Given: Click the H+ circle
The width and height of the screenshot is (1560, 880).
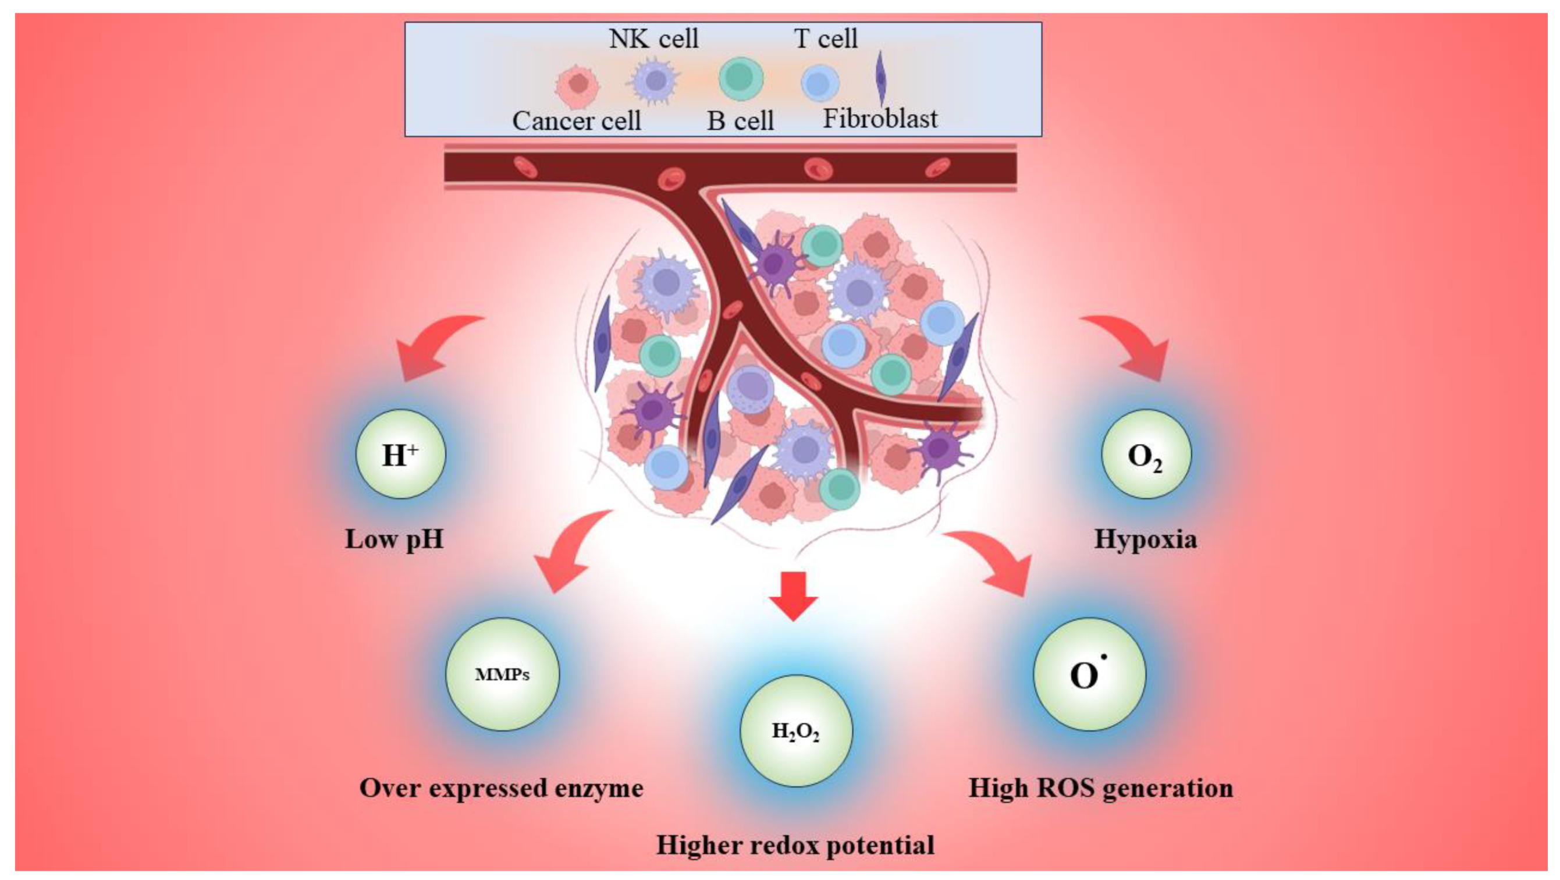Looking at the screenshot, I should click(x=400, y=454).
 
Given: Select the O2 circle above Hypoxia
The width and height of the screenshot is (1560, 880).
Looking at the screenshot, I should click(x=1145, y=454).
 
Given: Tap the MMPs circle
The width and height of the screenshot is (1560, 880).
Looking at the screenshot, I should click(x=502, y=674).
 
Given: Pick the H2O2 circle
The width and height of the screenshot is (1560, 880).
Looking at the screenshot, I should click(x=796, y=731).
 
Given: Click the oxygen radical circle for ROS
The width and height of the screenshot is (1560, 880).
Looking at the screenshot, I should click(x=1088, y=674).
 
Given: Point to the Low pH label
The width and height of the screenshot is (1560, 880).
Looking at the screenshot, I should click(x=395, y=539).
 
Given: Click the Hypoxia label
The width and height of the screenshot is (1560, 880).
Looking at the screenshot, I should click(x=1145, y=539).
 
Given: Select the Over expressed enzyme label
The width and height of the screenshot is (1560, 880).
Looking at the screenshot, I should click(x=502, y=788).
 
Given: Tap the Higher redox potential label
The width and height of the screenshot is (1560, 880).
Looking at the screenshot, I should click(x=795, y=845).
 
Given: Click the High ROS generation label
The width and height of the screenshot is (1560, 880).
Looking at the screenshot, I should click(x=1100, y=788).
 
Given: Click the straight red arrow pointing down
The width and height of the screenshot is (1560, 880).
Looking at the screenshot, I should click(x=794, y=597).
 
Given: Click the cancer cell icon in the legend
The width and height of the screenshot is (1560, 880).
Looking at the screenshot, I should click(x=577, y=85).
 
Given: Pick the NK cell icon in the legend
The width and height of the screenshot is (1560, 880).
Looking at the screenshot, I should click(x=655, y=80).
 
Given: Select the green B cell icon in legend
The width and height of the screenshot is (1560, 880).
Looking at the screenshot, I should click(x=741, y=79).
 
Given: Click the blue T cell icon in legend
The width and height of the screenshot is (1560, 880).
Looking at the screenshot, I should click(x=820, y=83).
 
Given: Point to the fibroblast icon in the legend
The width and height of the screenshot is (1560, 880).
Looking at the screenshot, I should click(x=882, y=79).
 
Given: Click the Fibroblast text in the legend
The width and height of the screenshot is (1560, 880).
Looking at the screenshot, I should click(x=880, y=119).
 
